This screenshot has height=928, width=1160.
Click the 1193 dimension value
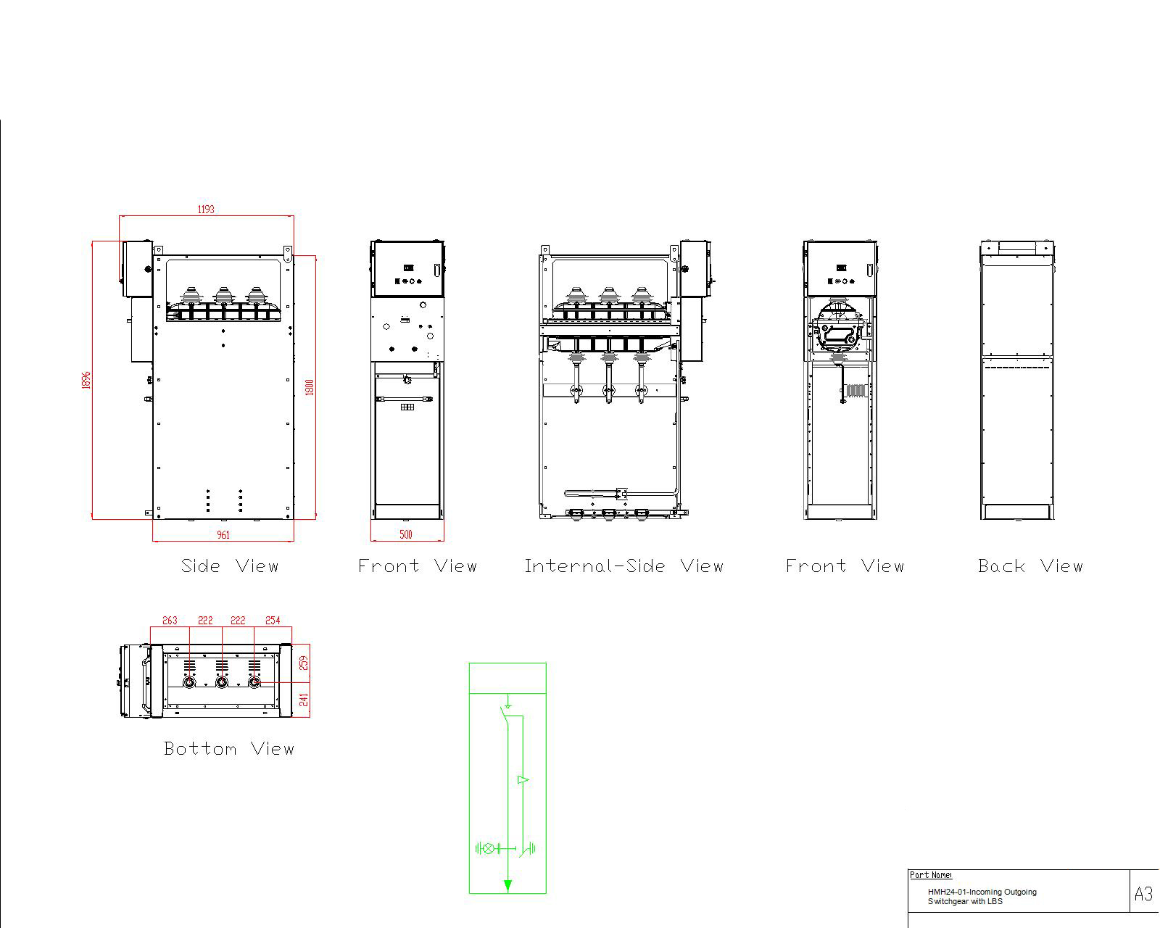[206, 210]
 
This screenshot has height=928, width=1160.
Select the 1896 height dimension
[87, 380]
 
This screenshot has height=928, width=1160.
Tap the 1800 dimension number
[310, 387]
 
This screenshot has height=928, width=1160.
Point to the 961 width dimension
[223, 535]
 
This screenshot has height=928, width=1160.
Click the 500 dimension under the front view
[406, 535]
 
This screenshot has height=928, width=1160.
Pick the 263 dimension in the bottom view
[170, 621]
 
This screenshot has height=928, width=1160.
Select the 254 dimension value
[273, 621]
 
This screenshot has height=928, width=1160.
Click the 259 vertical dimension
[304, 663]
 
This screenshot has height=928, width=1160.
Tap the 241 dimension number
[304, 699]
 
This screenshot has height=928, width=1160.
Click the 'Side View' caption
[229, 566]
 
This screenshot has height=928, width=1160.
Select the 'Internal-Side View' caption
[623, 566]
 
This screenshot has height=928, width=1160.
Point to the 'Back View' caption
[1029, 566]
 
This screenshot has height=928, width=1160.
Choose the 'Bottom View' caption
[229, 749]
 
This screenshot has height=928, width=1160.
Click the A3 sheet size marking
[1143, 894]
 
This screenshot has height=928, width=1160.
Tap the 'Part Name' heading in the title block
[931, 875]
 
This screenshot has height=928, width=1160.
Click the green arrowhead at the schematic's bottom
[507, 885]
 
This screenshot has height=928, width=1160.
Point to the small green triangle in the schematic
[522, 780]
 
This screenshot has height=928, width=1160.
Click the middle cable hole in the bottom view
[222, 682]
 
